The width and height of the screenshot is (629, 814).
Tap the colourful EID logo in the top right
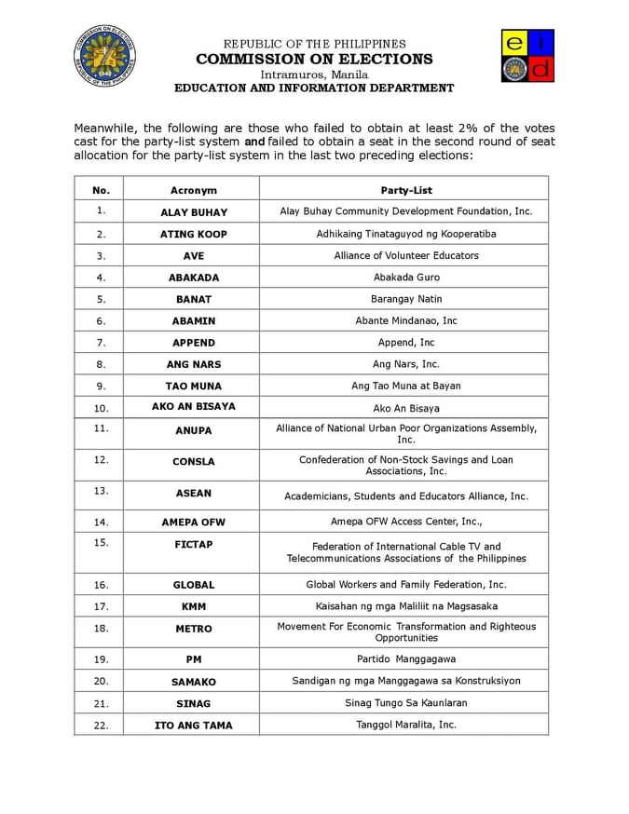pyautogui.click(x=527, y=55)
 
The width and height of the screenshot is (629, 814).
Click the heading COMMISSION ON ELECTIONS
pyautogui.click(x=314, y=59)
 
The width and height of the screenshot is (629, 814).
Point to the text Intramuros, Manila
pyautogui.click(x=314, y=74)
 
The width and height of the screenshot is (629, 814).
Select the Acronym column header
pyautogui.click(x=193, y=190)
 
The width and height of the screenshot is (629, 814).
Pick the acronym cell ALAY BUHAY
pyautogui.click(x=193, y=212)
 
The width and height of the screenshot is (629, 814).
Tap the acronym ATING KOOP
pyautogui.click(x=193, y=234)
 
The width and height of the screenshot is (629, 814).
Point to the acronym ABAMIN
pyautogui.click(x=193, y=320)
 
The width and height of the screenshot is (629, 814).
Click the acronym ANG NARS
pyautogui.click(x=193, y=364)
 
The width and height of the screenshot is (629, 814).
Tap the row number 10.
pyautogui.click(x=101, y=408)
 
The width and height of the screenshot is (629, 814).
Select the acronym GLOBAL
pyautogui.click(x=193, y=585)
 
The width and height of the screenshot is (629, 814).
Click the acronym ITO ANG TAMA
pyautogui.click(x=193, y=725)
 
